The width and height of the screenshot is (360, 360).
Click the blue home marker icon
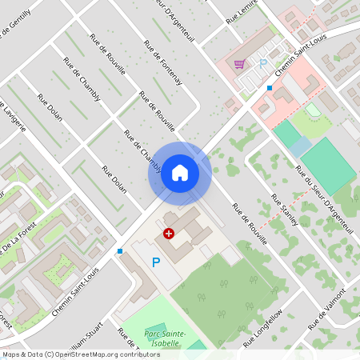pos(180,173)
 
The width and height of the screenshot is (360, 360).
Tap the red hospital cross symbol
pos(169,234)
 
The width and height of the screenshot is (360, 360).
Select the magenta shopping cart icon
pos(239,64)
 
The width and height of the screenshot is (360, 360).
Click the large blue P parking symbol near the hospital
pos(156,262)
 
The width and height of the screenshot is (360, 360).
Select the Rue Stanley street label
pos(283,210)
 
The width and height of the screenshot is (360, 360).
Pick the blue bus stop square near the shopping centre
pos(270,87)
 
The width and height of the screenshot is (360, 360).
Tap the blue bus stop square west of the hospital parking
pos(120,251)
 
